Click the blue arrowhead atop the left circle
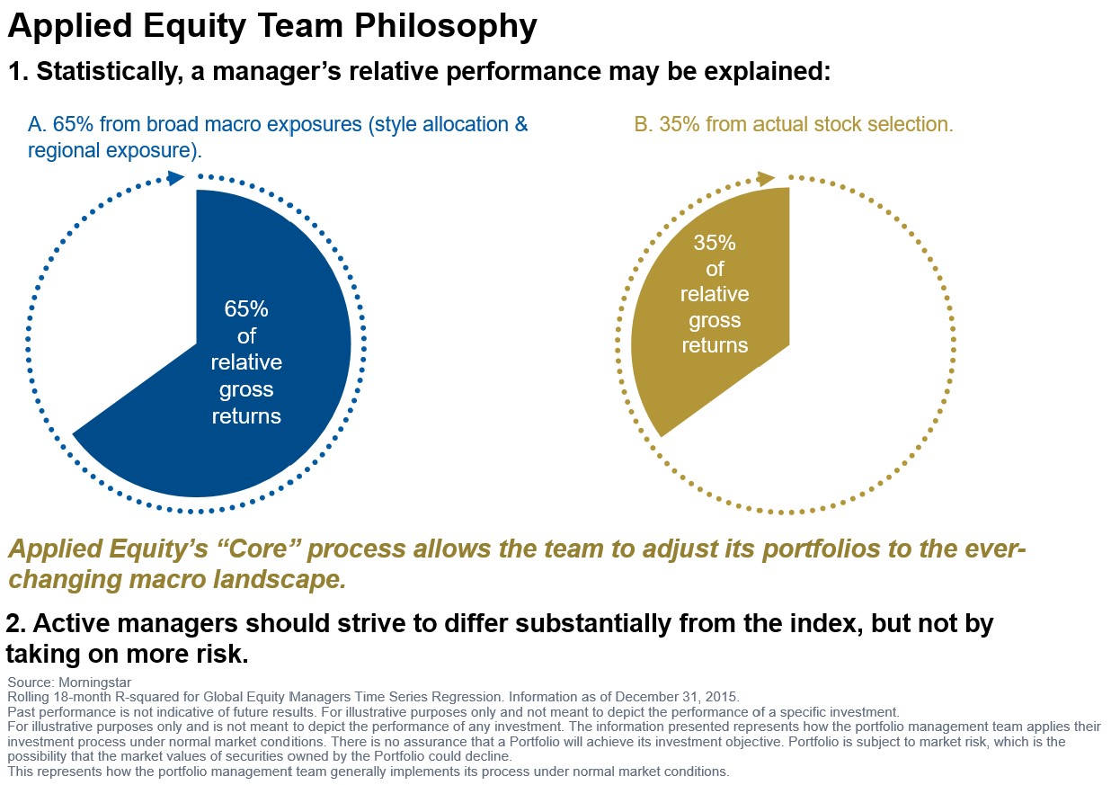(x=176, y=177)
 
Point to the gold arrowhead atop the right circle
(x=767, y=178)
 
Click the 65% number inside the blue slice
(x=246, y=309)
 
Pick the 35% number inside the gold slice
(x=715, y=242)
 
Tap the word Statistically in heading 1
(x=101, y=73)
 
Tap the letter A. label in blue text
(x=37, y=124)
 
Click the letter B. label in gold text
(x=643, y=124)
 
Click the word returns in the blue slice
(x=246, y=416)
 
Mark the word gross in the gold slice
(x=715, y=320)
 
